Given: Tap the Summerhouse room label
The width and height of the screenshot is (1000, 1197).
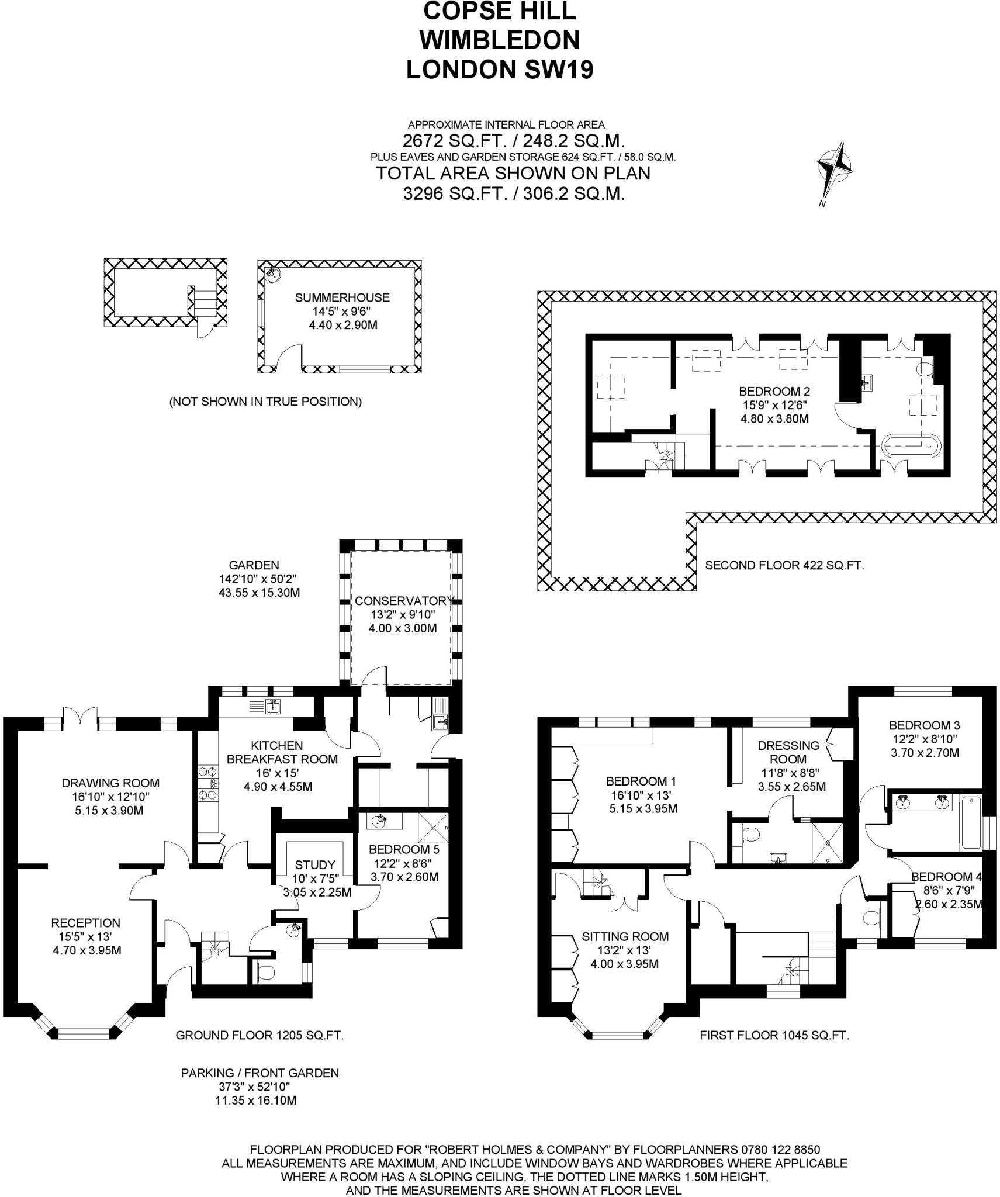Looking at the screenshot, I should point(342,297).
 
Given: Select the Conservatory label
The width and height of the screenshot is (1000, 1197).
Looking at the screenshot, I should point(403,600).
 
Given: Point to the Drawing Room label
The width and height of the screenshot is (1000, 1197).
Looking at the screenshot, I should point(110,783).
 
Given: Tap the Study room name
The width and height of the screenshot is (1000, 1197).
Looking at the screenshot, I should point(315,864).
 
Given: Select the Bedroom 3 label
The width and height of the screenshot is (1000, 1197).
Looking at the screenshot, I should point(925,726).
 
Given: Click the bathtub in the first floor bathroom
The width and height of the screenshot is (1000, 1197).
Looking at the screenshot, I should point(971,821).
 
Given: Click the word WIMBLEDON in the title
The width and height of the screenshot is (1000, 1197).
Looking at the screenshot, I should point(500,40).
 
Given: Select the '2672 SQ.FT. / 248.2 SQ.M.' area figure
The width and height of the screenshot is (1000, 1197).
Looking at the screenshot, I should point(514,141).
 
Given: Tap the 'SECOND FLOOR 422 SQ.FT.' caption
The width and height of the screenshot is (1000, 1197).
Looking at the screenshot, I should point(784,565).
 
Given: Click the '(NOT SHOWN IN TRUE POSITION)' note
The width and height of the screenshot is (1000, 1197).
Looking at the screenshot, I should point(265,402).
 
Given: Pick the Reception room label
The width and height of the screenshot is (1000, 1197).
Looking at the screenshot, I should point(85,923).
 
